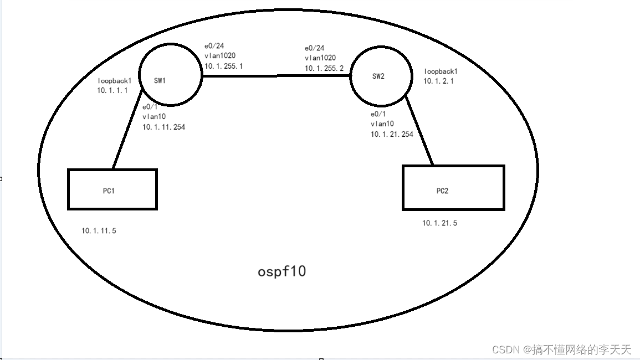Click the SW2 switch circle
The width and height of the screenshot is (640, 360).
tap(381, 76)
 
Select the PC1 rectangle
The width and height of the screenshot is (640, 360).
tap(112, 189)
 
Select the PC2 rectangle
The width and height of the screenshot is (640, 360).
tap(453, 188)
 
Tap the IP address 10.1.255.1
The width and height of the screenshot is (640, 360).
tap(224, 66)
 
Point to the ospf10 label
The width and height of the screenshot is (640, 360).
tap(282, 272)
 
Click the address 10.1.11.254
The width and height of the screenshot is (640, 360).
tap(163, 127)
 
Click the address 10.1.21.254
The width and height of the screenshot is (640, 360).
tap(392, 134)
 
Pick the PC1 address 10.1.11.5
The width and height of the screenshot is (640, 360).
tap(99, 231)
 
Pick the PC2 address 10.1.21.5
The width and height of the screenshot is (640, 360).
tap(440, 223)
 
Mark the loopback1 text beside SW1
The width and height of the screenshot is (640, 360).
tap(115, 80)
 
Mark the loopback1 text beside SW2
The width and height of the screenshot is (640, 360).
tap(441, 71)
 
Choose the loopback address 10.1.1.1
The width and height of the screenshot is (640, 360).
tap(112, 90)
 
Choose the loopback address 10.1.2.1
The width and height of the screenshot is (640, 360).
tap(439, 81)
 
